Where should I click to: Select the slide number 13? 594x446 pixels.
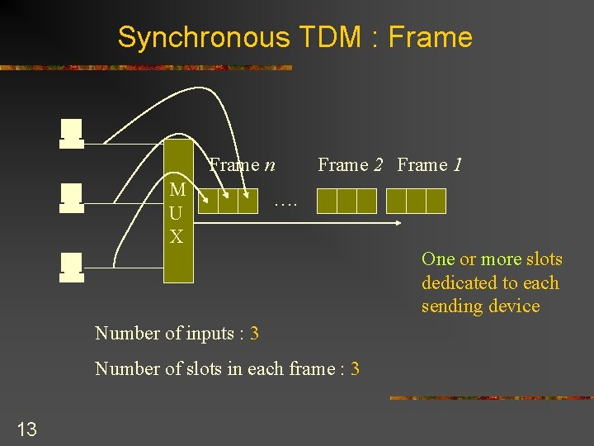tap(26, 428)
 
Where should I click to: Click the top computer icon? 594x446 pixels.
tap(72, 134)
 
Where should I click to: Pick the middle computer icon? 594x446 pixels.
tap(72, 198)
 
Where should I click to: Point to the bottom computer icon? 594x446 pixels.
tap(72, 268)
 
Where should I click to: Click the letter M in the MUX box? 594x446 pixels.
tap(177, 189)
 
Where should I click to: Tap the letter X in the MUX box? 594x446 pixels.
tap(177, 236)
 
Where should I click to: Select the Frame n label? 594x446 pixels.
tap(242, 164)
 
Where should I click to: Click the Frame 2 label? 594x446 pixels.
tap(351, 164)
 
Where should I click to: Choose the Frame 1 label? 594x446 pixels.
tap(429, 164)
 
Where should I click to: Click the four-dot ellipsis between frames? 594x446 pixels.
tap(285, 201)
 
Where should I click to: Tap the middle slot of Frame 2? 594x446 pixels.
tap(346, 201)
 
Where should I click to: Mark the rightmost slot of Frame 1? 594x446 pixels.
tap(436, 201)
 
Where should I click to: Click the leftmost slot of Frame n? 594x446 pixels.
tap(209, 201)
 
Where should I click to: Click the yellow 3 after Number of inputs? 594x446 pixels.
tap(254, 333)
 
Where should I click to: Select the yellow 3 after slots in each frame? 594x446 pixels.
tap(355, 368)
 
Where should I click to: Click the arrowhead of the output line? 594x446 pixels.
tap(398, 223)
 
